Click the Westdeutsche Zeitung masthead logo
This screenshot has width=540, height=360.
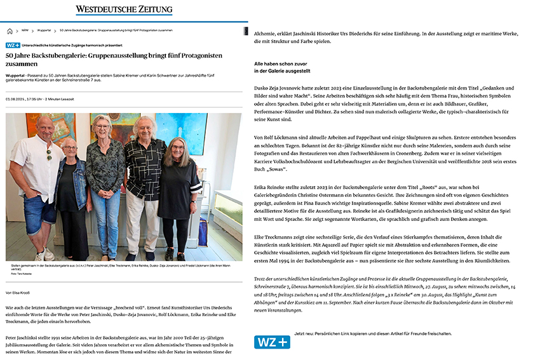tap(124, 10)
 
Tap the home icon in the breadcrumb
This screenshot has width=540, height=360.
tap(10, 30)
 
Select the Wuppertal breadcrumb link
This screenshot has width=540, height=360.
tap(43, 30)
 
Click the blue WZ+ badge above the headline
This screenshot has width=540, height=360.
tap(13, 46)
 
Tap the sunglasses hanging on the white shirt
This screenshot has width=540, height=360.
tap(49, 154)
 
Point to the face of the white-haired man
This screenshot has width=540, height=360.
tap(146, 129)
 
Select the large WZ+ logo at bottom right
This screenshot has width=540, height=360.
tap(272, 342)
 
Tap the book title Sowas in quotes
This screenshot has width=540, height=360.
tap(276, 170)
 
